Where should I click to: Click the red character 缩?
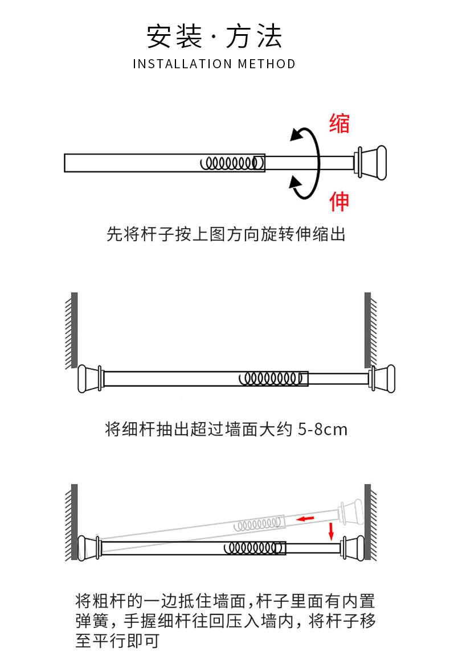tap(339, 123)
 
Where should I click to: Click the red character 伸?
tap(339, 201)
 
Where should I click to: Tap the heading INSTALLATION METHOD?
tap(214, 64)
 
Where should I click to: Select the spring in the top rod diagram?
tap(232, 163)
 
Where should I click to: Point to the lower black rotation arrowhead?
tap(295, 183)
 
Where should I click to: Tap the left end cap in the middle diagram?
tap(89, 378)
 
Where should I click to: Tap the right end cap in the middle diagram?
tap(383, 378)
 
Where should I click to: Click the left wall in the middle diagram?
tap(74, 330)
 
